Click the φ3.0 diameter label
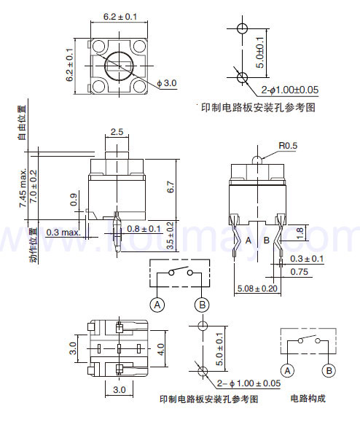[167, 83]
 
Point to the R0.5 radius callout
[288, 146]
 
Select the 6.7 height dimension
[171, 187]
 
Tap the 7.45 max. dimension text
[23, 188]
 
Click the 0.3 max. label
[63, 232]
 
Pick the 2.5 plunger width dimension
[117, 132]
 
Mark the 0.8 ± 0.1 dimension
[144, 228]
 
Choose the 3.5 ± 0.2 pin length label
[171, 235]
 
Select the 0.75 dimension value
[299, 272]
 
